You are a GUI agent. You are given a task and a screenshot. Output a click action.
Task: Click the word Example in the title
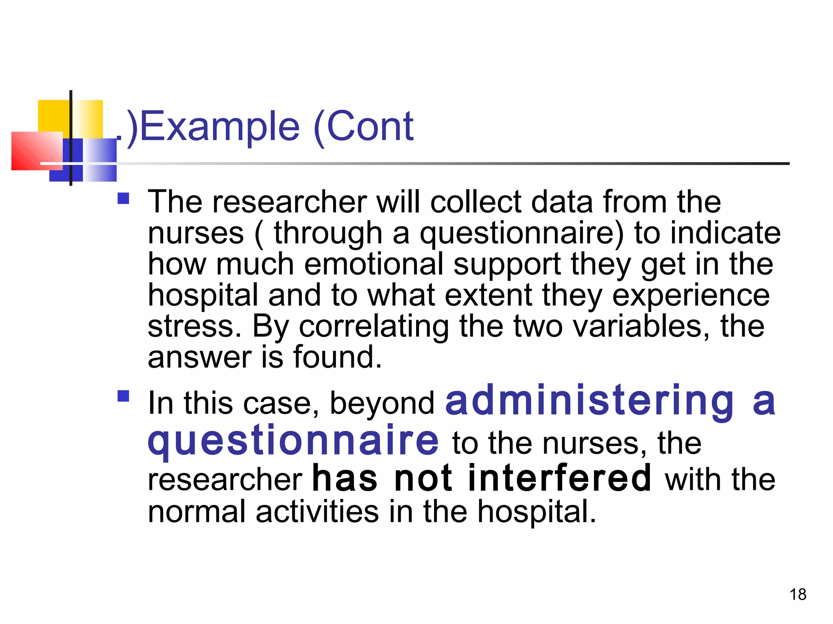point(220,127)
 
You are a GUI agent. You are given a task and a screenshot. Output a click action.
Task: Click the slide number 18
point(798,594)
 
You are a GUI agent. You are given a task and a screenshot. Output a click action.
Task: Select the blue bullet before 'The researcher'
point(123,198)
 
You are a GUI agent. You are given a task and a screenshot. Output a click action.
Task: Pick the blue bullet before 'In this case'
point(123,395)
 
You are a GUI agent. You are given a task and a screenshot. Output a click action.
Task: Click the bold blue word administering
point(590,401)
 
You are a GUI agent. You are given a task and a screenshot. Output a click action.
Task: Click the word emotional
point(374,264)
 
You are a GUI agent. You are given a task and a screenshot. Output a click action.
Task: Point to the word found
point(338,357)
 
